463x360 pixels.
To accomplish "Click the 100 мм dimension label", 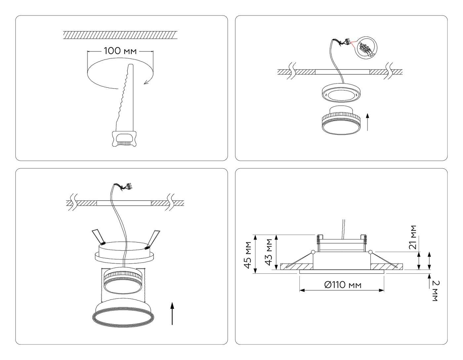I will [x=120, y=51].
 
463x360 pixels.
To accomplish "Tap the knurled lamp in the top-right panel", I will [x=340, y=121].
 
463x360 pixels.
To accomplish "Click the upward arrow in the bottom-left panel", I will [x=172, y=313].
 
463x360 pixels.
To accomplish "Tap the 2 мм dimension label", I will [x=435, y=291].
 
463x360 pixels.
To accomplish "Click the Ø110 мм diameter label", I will [x=342, y=285].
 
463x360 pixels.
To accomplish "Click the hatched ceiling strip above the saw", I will [x=120, y=35].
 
